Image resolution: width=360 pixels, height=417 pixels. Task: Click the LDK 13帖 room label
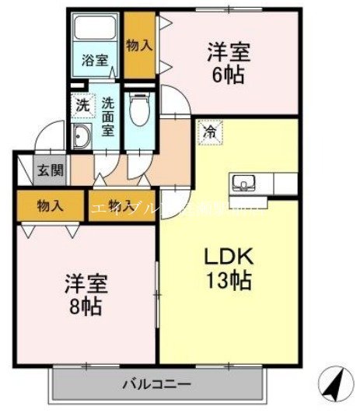pyautogui.click(x=228, y=268)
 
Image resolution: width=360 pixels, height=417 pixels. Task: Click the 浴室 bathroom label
pyautogui.click(x=95, y=60)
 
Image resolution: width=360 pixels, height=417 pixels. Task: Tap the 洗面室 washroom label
pyautogui.click(x=107, y=115)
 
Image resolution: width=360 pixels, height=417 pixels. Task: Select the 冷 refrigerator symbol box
pyautogui.click(x=209, y=133)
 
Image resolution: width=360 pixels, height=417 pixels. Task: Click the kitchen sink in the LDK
pyautogui.click(x=243, y=184)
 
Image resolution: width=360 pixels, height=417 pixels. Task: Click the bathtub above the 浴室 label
pyautogui.click(x=94, y=32)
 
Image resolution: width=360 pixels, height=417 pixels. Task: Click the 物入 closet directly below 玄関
pyautogui.click(x=50, y=206)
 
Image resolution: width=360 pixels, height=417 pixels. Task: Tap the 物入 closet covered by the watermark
pyautogui.click(x=121, y=206)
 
